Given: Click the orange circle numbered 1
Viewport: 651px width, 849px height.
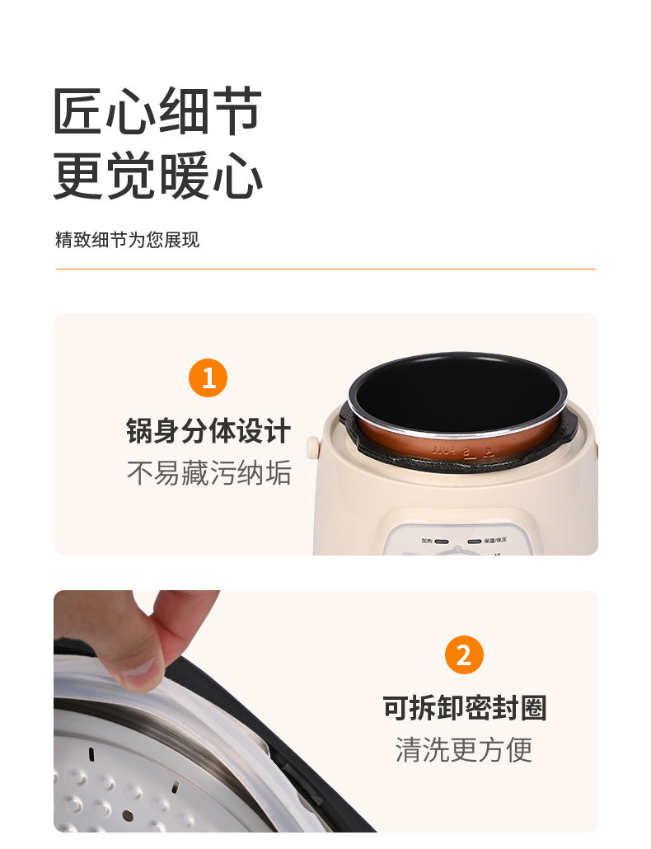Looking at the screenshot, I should tap(208, 378).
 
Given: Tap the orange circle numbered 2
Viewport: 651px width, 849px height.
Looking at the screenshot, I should tap(464, 655).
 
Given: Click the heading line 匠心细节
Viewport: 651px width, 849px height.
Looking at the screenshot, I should tap(157, 111).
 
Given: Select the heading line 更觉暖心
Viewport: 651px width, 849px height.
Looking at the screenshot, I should tap(157, 176).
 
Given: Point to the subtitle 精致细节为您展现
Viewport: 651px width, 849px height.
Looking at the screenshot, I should tap(127, 240).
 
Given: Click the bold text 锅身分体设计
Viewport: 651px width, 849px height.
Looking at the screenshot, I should tap(208, 431).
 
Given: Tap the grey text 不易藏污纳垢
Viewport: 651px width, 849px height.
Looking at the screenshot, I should tap(208, 473).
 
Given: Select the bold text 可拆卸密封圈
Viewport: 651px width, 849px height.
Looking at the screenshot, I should tap(464, 708).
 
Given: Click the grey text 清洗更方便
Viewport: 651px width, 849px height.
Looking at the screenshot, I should tap(464, 749).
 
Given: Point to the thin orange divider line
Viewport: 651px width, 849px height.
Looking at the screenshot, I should tap(325, 269).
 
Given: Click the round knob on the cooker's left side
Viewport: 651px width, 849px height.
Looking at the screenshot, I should tap(313, 447).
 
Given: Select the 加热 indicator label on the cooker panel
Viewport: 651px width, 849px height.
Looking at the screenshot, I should tap(427, 542).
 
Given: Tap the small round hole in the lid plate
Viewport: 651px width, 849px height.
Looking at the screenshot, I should tap(127, 815).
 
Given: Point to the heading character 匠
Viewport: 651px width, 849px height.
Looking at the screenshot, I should tap(78, 111).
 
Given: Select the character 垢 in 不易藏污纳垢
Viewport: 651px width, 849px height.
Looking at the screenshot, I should tap(278, 473).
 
